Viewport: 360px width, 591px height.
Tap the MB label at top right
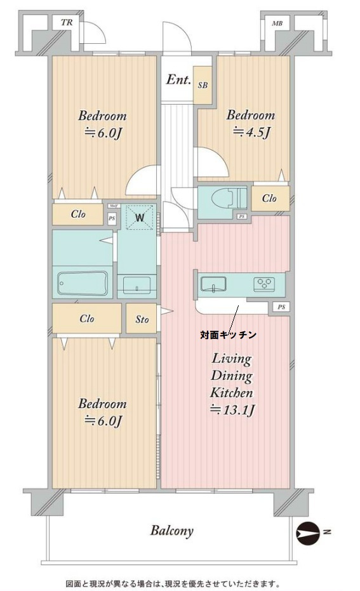coord(277,23)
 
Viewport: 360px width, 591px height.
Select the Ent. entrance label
coord(178,80)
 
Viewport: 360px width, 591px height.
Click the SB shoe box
coord(202,84)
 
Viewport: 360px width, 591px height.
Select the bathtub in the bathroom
coord(83,284)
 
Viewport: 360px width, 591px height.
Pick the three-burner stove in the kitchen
coord(264,284)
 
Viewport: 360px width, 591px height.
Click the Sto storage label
coord(142,319)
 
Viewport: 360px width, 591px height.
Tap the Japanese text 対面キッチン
coord(229,334)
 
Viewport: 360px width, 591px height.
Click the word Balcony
coord(171,531)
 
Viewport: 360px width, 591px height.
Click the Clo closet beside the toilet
coord(269,199)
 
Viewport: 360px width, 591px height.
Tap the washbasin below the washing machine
coord(136,284)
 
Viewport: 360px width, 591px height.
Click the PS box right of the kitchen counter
coord(280,308)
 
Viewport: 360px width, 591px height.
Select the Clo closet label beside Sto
coord(87,319)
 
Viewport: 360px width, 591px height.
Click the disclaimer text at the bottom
coord(172,583)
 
